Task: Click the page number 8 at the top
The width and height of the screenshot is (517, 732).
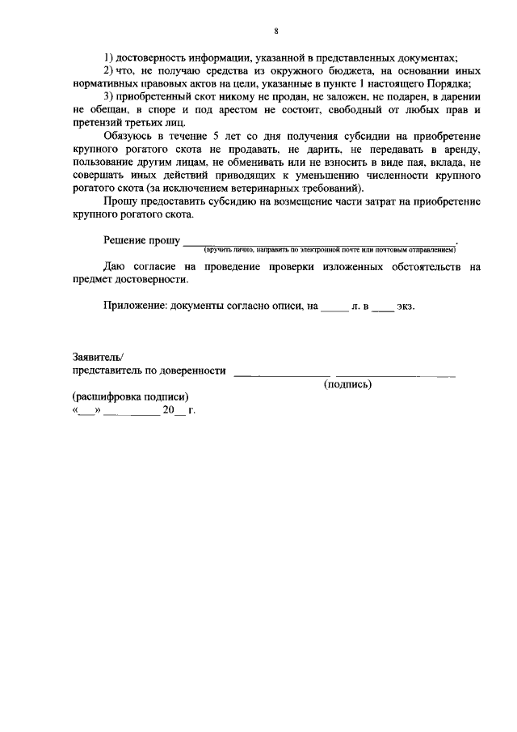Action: click(x=275, y=31)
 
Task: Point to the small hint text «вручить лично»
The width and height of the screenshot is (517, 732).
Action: click(x=229, y=250)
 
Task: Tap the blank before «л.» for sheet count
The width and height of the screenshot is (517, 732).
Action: click(x=334, y=307)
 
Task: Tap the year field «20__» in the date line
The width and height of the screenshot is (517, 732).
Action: click(x=173, y=410)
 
